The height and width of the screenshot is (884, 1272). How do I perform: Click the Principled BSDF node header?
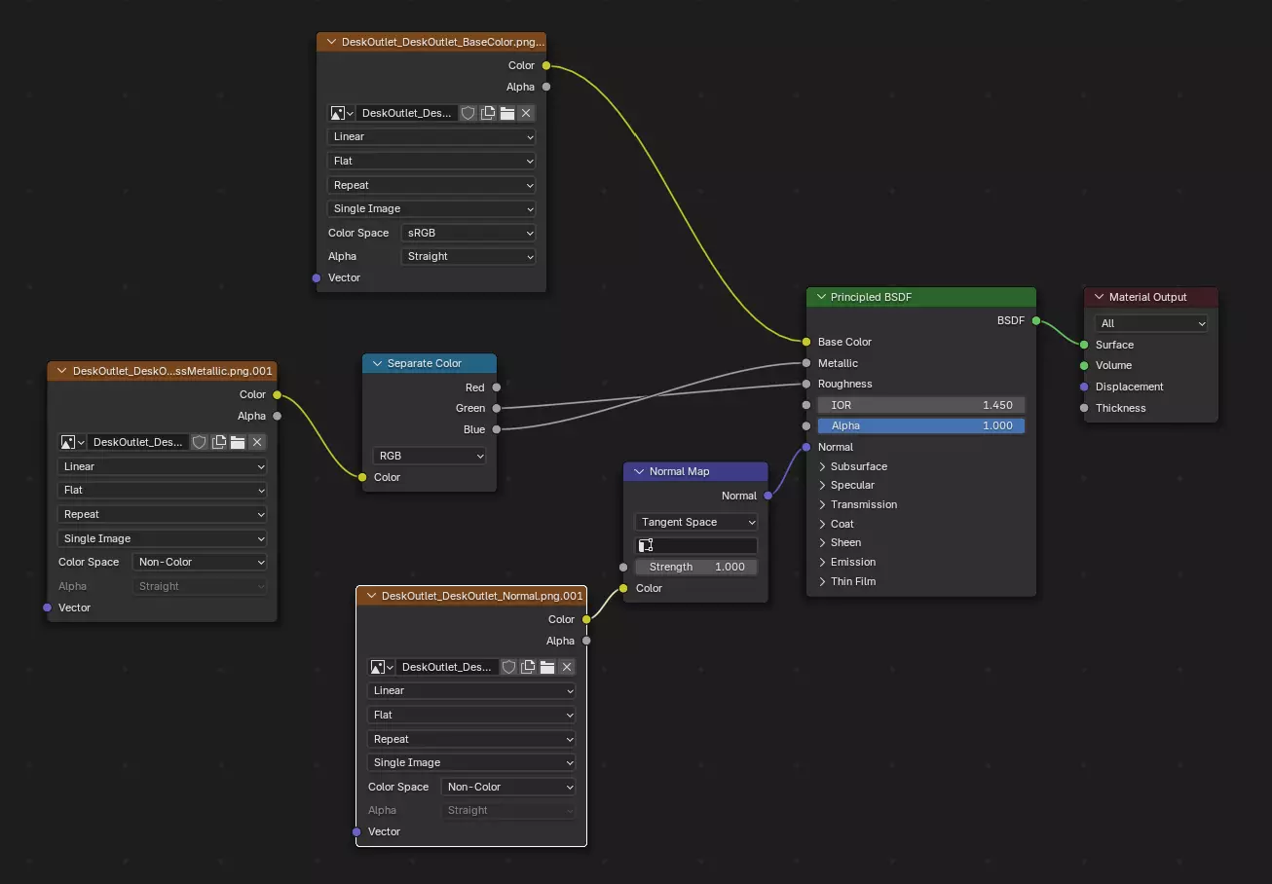pos(920,297)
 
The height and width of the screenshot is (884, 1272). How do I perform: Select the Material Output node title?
pos(1149,297)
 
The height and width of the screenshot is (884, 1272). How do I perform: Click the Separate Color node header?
pos(429,363)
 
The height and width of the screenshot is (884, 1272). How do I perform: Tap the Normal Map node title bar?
pos(694,471)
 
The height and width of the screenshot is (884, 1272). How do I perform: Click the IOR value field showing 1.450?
pos(920,405)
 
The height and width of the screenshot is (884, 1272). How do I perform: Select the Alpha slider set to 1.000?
pos(920,425)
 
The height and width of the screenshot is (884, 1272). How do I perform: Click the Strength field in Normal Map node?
pos(695,567)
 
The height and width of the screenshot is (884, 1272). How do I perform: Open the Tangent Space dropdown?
pos(695,522)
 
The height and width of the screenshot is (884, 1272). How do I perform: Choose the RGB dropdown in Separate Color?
pos(429,456)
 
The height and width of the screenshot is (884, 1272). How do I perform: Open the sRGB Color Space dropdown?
pos(468,233)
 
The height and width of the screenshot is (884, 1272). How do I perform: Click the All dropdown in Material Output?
pos(1150,323)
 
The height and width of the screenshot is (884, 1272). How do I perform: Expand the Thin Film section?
pos(852,581)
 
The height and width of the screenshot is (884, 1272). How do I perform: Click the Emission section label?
pos(852,562)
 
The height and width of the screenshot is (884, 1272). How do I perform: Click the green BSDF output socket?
pos(1035,320)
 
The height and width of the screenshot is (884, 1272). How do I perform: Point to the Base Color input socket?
pos(806,342)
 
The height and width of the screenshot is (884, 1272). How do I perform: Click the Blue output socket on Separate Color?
pos(496,429)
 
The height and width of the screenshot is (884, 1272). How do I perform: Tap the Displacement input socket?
pos(1084,387)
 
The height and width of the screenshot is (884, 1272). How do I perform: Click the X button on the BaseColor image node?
pos(526,113)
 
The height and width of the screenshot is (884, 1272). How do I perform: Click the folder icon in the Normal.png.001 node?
pos(547,667)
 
